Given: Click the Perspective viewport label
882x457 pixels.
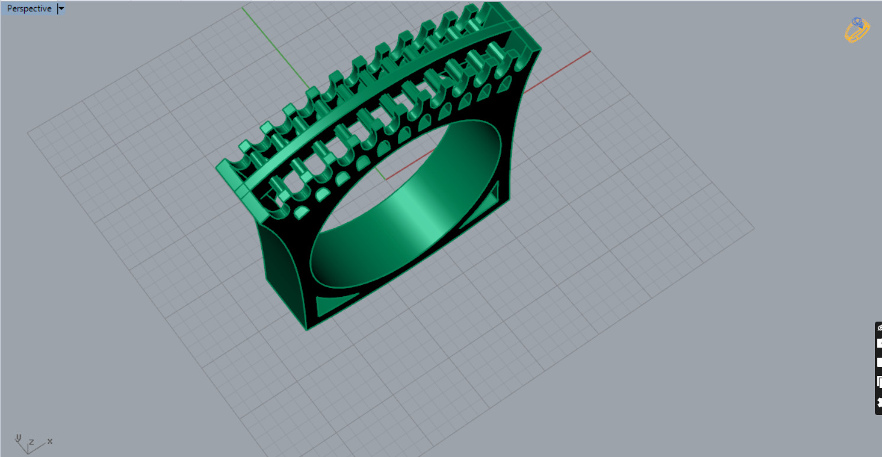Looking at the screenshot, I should (x=28, y=9).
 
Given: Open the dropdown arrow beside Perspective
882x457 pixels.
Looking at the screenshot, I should (x=61, y=9).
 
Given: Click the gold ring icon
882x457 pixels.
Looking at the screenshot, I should (x=857, y=30).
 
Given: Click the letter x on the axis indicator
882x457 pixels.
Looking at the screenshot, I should (x=50, y=441).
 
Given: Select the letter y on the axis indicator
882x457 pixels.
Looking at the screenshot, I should (x=18, y=437).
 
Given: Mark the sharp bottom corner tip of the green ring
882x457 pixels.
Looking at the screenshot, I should (x=307, y=329).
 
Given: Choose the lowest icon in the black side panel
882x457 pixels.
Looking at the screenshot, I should (x=879, y=403).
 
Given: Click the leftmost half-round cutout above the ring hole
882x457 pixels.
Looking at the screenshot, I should (x=301, y=210).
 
